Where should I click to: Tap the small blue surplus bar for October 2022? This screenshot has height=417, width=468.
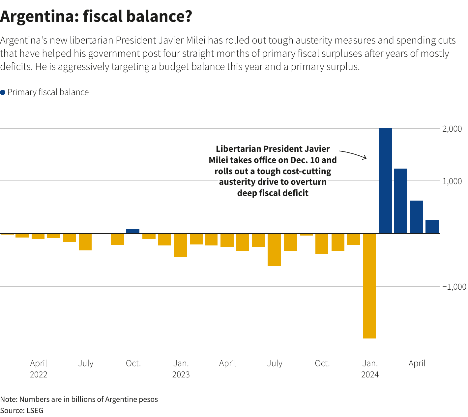tap(133, 231)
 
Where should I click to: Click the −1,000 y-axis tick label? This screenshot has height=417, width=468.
tap(454, 287)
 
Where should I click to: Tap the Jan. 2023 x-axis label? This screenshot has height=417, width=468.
tap(181, 369)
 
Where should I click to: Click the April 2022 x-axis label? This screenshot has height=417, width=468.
tap(39, 369)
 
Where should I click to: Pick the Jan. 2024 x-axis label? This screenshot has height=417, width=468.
tap(370, 369)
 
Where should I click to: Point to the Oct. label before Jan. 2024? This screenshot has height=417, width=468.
tap(322, 364)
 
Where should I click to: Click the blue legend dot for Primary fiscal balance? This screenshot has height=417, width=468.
tap(3, 92)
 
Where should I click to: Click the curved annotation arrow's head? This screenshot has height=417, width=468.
tap(365, 158)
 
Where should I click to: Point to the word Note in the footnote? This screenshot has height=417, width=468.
tap(8, 400)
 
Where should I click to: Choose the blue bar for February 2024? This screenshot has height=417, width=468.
tap(400, 201)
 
